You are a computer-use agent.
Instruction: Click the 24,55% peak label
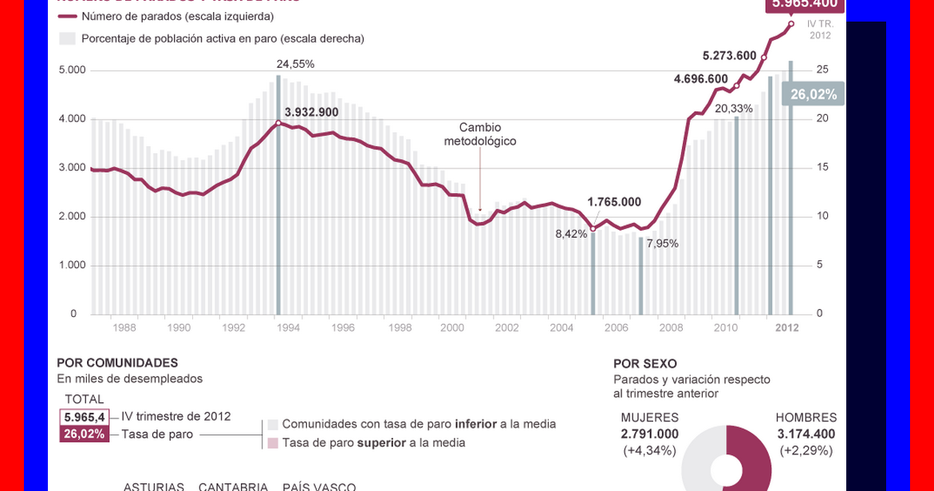point(295,64)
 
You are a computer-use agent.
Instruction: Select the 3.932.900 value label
point(312,112)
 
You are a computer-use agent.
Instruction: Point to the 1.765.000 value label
point(614,201)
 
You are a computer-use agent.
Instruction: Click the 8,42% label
point(572,233)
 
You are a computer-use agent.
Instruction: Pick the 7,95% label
point(662,244)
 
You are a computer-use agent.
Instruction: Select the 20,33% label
point(733,108)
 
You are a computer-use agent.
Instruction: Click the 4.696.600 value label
point(700,79)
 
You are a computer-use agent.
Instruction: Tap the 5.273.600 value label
point(729,55)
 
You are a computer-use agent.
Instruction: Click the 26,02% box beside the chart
point(814,95)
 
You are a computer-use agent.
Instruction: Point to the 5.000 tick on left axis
point(73,70)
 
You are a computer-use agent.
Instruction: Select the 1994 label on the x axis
point(288,327)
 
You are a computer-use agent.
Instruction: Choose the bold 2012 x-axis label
point(787,327)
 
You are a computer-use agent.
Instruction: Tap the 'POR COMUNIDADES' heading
point(117,362)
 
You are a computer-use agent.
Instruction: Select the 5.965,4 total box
point(85,417)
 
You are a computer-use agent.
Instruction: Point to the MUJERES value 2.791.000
point(650,434)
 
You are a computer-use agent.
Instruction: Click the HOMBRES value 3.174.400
point(806,434)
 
